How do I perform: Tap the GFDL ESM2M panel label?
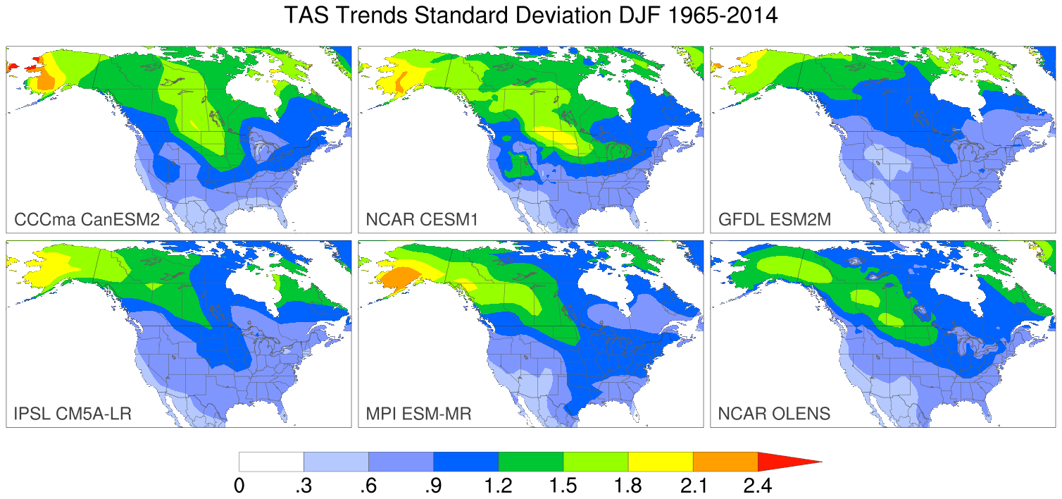coord(775,220)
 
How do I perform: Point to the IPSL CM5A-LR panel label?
coord(73,414)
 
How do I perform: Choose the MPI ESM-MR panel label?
coord(419,414)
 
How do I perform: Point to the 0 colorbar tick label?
coord(239,486)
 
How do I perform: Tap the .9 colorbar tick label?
coord(433,486)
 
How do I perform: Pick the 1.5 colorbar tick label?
coord(563,486)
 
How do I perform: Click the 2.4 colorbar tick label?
coord(758,486)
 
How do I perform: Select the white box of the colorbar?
coord(271,462)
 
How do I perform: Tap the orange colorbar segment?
coord(725,462)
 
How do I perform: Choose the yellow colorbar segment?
coord(661,462)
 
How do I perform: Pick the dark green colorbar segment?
coord(531,462)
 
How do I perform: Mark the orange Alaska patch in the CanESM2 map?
coord(44,81)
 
